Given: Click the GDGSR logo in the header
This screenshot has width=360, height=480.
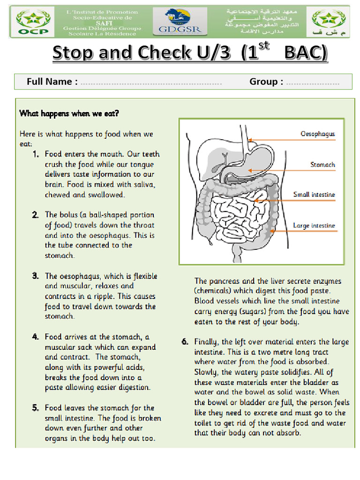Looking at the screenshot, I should coord(183,22).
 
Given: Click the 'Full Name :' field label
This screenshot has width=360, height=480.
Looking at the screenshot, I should coord(52,82).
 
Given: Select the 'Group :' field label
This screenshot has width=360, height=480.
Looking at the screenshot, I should coord(266,82).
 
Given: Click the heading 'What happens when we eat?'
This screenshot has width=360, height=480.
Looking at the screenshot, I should coord(69,113).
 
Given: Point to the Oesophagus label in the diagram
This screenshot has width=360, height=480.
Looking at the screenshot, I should coord(318,134).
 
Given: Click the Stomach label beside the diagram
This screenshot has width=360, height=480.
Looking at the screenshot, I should coord(322,165).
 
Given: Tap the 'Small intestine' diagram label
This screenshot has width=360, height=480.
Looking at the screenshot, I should coord(314,195).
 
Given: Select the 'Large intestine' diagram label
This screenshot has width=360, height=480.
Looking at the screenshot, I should coord(314,225).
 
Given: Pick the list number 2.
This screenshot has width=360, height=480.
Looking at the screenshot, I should coord(36,215).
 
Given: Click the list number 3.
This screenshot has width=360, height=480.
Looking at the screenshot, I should coord(36,276).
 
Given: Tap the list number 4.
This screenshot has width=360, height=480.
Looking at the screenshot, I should coord(36,337).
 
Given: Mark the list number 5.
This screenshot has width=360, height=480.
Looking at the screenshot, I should coord(36,408).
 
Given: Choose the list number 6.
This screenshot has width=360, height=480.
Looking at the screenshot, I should coord(185,342).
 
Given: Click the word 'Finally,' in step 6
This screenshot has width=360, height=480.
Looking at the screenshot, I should coord(207,342).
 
